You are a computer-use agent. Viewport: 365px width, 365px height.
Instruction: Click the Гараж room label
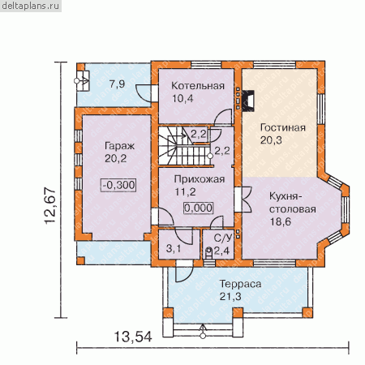119,146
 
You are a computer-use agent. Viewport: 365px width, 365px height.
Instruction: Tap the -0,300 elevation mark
118,185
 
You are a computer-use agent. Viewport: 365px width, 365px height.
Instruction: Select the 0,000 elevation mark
199,208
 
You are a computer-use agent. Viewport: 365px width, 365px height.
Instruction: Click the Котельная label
198,86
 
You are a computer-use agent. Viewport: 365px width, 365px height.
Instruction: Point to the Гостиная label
283,127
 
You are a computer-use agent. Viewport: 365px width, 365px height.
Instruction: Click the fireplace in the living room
248,101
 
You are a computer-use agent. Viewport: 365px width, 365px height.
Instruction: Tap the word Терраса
240,284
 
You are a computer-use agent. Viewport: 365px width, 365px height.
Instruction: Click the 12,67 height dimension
50,205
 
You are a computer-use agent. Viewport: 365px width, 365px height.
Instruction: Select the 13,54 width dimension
133,337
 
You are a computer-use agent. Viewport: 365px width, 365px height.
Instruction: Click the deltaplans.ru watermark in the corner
30,6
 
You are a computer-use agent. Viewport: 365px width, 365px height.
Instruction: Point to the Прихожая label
200,179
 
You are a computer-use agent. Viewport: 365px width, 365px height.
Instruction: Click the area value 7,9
118,84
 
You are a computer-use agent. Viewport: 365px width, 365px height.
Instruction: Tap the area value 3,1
174,248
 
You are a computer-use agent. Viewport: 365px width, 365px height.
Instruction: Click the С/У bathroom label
223,238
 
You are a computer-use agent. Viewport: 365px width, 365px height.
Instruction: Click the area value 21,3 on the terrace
230,297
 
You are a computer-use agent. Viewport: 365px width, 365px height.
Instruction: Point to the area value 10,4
182,99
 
